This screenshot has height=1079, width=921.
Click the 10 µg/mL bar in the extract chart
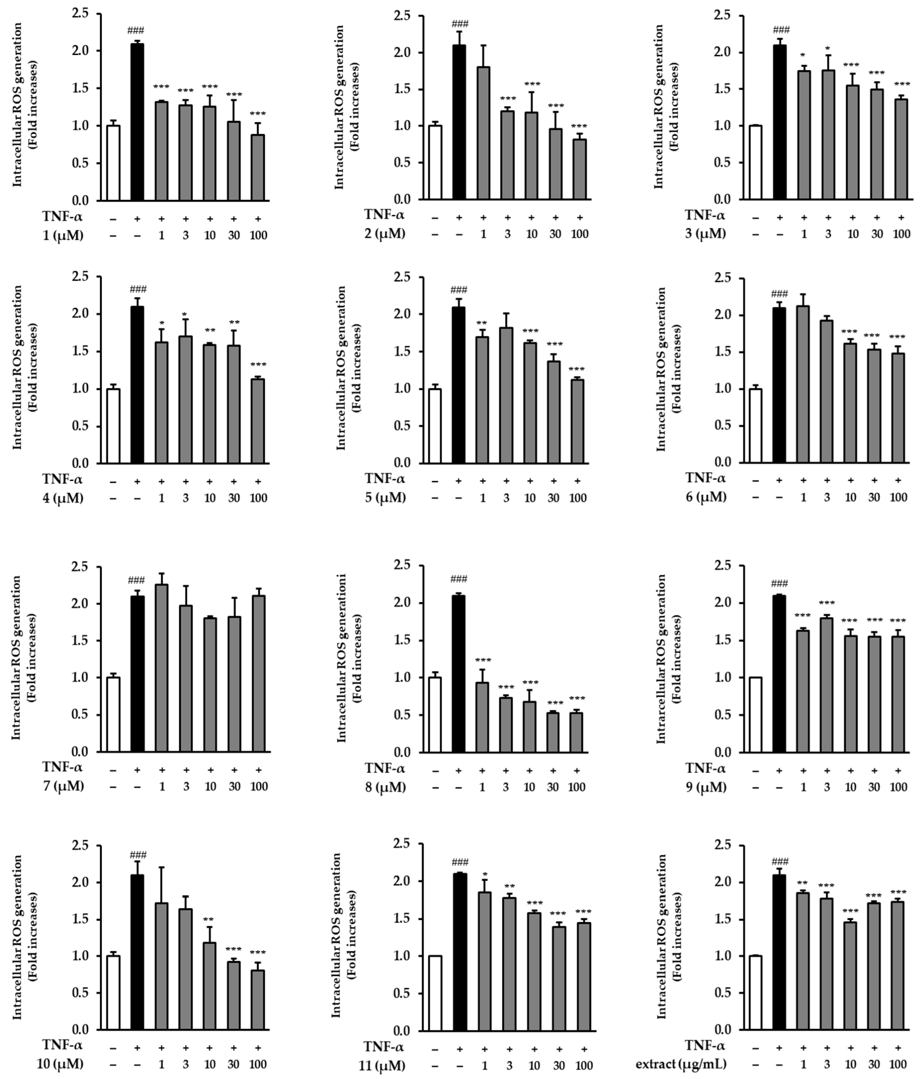(850, 982)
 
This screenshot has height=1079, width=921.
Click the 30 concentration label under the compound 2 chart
(555, 234)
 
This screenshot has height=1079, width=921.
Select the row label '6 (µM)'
(706, 497)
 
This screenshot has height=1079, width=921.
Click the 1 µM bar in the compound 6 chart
(803, 384)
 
